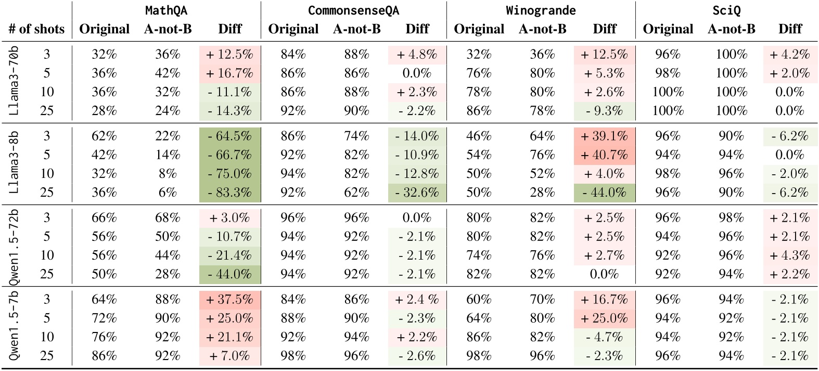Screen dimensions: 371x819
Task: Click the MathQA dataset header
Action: [x=166, y=10]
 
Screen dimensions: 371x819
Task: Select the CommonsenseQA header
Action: [x=353, y=10]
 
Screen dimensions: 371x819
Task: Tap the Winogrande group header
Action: [x=541, y=10]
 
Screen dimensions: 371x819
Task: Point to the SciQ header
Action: [x=726, y=10]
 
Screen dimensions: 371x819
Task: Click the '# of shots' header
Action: [x=36, y=29]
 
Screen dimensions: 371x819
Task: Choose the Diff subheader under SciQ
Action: [x=790, y=29]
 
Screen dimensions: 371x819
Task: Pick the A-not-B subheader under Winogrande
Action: [x=542, y=29]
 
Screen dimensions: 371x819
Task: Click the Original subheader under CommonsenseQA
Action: [x=293, y=29]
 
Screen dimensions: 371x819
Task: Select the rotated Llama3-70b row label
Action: [x=14, y=81]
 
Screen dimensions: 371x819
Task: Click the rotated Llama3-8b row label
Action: [x=14, y=163]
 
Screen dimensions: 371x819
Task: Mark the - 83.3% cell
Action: [x=230, y=193]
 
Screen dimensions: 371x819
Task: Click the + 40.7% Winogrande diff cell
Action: [x=604, y=155]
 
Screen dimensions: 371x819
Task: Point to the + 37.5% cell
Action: [x=230, y=300]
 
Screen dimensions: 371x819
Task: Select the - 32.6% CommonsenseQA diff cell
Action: [x=417, y=193]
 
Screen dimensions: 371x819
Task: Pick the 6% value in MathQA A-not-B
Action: [x=168, y=193]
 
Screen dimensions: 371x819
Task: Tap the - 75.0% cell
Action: [x=230, y=174]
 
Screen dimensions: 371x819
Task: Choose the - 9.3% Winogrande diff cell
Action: [x=604, y=111]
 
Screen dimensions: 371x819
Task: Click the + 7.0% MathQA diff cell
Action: [x=230, y=356]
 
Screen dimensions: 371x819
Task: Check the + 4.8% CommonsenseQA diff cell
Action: [x=417, y=55]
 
